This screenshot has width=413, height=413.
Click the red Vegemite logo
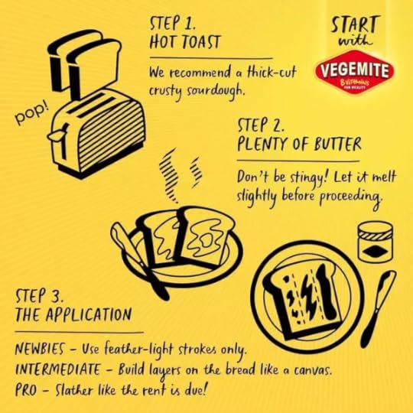pos(355,72)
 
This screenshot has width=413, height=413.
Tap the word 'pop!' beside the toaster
pos(32,114)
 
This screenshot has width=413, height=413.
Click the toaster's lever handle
pos(57,134)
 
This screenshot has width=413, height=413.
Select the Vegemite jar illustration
pos(375,242)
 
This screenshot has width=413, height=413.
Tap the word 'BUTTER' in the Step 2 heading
pos(338,144)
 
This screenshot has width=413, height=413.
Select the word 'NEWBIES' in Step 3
pos(40,350)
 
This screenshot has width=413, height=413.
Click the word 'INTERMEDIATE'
pos(58,369)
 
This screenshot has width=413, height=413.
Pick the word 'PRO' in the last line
pos(26,390)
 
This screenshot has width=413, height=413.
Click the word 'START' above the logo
pos(355,24)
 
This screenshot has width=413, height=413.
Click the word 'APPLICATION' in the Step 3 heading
pos(89,314)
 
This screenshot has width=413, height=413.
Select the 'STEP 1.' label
pos(173,23)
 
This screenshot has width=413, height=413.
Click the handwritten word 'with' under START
pos(356,41)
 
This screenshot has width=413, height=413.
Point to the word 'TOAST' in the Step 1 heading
pos(202,42)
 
